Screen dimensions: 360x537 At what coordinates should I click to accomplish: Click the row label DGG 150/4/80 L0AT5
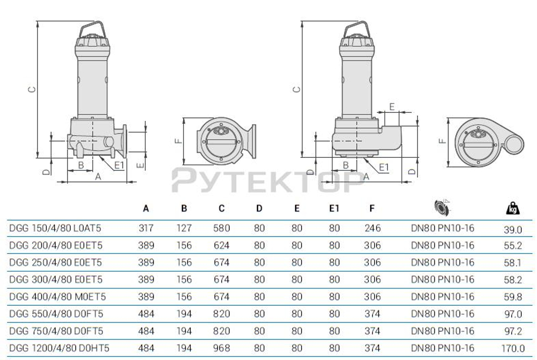click(55, 228)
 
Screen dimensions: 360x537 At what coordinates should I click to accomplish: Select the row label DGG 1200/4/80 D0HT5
click(59, 348)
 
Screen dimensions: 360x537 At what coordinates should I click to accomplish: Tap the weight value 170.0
click(513, 348)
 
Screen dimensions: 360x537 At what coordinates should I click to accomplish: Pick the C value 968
click(221, 348)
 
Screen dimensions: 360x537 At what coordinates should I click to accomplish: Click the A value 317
click(146, 228)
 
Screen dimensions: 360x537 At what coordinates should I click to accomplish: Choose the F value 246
click(372, 228)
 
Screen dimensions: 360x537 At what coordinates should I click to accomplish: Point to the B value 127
click(184, 228)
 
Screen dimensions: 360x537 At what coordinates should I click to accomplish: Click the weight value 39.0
click(513, 229)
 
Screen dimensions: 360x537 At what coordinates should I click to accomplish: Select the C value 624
click(221, 245)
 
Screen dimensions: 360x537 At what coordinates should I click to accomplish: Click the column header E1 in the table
click(334, 209)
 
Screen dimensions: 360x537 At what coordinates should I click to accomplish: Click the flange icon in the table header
click(442, 208)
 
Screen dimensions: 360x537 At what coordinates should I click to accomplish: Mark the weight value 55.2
click(513, 246)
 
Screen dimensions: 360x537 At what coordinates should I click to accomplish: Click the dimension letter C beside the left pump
click(32, 89)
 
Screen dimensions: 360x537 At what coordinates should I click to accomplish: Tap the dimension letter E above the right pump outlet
click(392, 106)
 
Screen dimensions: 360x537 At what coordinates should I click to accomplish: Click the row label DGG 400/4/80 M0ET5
click(57, 297)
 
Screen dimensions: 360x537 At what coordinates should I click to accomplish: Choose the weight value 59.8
click(513, 297)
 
